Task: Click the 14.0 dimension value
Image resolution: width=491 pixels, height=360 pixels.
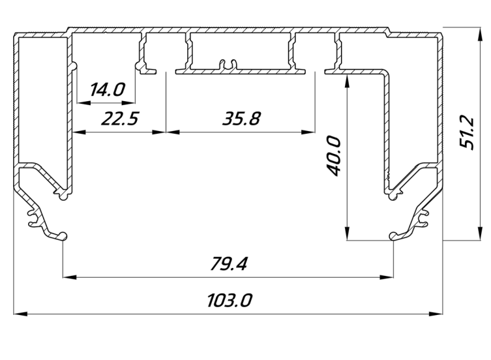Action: [x=107, y=89]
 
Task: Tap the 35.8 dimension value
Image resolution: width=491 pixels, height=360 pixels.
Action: [x=241, y=119]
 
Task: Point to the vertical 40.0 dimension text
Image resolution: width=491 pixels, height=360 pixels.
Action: [x=333, y=156]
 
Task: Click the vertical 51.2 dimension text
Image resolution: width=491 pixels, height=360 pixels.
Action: [x=466, y=133]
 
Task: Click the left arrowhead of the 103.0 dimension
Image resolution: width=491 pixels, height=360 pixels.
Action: [x=19, y=314]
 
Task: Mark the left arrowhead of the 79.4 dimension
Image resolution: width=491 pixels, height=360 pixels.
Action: [x=68, y=277]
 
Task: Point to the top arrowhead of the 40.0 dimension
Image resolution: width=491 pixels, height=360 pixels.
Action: [x=347, y=77]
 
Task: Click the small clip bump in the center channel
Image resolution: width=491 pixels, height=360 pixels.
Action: [x=227, y=63]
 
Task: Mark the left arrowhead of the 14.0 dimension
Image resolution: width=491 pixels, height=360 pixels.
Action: [x=82, y=102]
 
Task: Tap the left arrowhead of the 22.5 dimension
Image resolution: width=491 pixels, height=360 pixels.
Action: [x=77, y=131]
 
